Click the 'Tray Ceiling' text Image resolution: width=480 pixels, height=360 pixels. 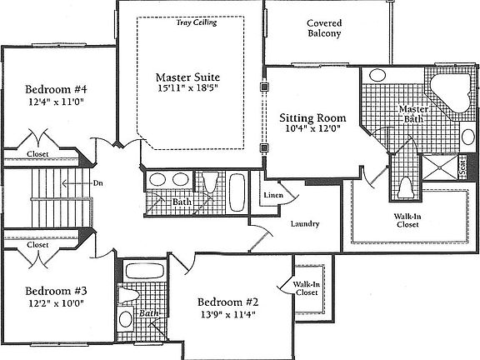point(196,22)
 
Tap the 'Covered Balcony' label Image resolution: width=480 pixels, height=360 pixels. point(324,30)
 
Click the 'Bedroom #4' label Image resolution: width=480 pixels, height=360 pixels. point(54,90)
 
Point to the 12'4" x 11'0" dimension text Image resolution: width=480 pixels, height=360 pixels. point(54,102)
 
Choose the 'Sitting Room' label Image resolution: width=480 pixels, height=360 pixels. point(312,117)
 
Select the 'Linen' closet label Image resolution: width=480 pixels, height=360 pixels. point(273,196)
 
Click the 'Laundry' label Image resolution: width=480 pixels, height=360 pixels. point(306,223)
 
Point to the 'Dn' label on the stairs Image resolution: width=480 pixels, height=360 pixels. point(97,182)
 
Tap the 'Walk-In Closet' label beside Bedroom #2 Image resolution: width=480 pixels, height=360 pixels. point(307,288)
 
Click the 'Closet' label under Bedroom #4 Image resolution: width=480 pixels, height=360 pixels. point(37,154)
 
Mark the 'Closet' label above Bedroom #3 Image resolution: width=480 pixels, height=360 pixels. point(37,245)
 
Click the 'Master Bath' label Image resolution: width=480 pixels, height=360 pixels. point(412,115)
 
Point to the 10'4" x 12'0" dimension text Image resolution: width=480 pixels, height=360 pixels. point(312,130)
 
